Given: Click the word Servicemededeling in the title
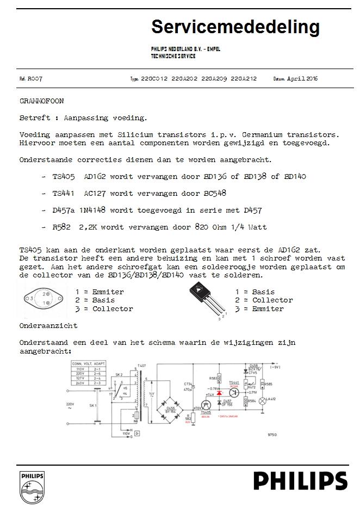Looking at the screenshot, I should point(235,27).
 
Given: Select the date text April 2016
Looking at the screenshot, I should point(302,79).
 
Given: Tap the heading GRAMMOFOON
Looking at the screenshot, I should point(41,101).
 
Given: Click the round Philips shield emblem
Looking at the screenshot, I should point(32,487).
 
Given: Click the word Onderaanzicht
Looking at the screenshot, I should point(48,325).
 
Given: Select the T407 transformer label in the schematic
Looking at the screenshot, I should point(142,366).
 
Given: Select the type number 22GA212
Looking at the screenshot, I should point(244,79).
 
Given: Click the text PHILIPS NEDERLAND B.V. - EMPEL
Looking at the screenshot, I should point(185,50).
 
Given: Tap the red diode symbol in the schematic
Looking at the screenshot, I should point(219,392).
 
